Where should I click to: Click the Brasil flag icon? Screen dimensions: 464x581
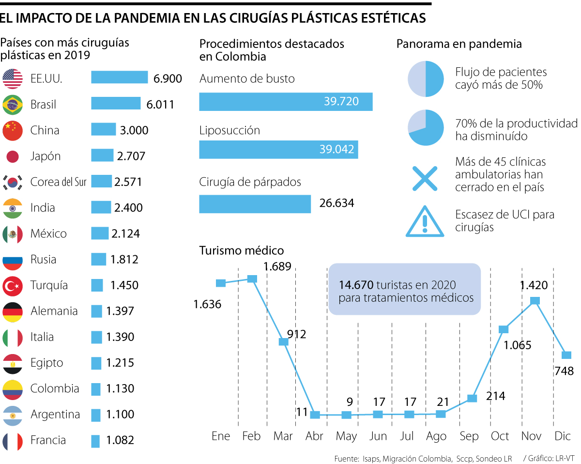coord(13,104)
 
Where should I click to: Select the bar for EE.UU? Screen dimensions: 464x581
coord(119,77)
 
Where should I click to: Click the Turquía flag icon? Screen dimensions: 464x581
coord(13,285)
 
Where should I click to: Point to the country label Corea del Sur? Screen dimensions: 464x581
coord(58,182)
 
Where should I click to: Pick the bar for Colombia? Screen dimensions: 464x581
coord(96,389)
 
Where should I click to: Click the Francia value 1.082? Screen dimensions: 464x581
coord(120,440)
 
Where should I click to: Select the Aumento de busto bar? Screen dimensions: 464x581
coord(286,101)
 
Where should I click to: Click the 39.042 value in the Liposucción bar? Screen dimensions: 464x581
coord(336,149)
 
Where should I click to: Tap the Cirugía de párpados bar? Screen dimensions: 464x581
coord(255,203)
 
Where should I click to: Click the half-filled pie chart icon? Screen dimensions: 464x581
coord(426,79)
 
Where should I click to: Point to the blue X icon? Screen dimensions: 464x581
coord(425,178)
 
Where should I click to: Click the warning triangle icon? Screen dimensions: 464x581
coord(425,222)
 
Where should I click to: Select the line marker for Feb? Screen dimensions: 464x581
coord(252,278)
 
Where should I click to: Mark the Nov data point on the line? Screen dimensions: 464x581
coord(535,301)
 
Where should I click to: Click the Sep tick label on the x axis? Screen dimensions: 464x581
coord(468,436)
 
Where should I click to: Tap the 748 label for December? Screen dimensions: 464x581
coord(564,371)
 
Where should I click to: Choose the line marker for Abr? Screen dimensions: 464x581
coord(315,415)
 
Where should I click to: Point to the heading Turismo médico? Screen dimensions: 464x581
coord(242,250)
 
